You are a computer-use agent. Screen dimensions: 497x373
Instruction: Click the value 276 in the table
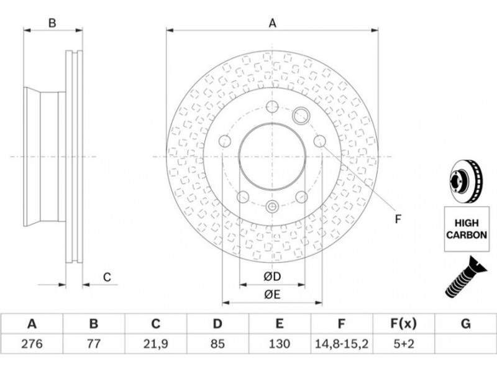32,344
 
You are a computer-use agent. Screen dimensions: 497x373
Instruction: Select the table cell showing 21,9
155,344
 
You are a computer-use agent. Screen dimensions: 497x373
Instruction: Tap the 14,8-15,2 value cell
341,344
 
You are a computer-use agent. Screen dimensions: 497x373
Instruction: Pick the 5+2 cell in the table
403,344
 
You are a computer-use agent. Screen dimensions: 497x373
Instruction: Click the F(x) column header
403,324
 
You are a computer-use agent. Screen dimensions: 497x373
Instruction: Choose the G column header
465,324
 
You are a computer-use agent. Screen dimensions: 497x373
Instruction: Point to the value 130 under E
279,344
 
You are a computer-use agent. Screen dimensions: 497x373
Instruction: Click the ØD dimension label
272,277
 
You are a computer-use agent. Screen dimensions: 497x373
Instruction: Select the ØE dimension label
272,295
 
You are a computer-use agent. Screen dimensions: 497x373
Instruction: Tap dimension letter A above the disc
272,23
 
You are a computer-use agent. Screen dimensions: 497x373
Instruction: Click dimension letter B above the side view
52,23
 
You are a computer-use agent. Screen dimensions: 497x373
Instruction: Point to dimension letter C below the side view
107,277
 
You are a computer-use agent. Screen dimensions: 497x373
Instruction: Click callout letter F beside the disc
398,219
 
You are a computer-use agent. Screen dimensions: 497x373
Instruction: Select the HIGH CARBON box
467,229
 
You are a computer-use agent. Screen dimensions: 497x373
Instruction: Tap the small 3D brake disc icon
465,181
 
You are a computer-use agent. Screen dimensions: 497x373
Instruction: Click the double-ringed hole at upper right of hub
300,115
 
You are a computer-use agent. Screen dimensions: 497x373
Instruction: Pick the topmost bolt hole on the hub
272,106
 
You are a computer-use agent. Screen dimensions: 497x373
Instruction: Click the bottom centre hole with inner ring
272,207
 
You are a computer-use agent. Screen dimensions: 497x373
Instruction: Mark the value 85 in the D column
217,344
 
